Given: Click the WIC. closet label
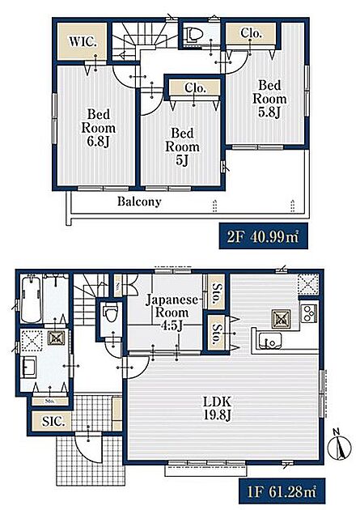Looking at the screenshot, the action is click(83, 41).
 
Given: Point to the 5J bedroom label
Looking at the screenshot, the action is click(182, 147).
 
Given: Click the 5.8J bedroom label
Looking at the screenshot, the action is click(269, 99).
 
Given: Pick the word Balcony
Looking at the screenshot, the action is click(139, 202).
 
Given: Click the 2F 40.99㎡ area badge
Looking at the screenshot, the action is click(263, 236).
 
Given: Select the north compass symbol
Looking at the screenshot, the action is click(340, 444).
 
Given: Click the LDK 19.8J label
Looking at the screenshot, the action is click(217, 409).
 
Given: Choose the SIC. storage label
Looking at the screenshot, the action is click(53, 422).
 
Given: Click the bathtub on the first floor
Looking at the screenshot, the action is click(32, 298).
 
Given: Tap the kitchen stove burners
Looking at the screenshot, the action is click(309, 312).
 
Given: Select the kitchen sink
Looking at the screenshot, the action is click(270, 342).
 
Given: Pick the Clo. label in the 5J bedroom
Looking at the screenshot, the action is click(195, 87).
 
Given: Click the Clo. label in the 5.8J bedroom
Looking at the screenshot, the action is click(251, 33).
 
